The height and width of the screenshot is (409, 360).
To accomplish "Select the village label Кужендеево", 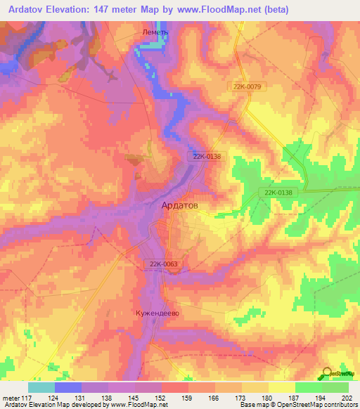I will pyautogui.click(x=157, y=313).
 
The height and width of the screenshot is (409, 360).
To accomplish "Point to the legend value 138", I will pyautogui.click(x=108, y=398).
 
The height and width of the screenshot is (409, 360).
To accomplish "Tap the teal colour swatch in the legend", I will pyautogui.click(x=41, y=387).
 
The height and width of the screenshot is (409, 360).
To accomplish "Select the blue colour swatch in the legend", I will pyautogui.click(x=68, y=387).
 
